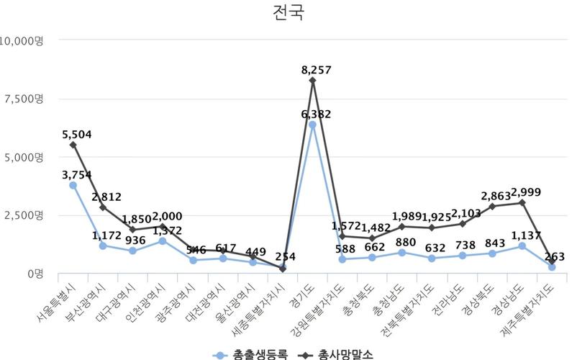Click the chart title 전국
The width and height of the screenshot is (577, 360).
coord(288,14)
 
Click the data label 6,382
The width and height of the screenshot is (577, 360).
coord(313,114)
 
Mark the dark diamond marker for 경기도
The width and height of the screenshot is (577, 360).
coord(312,80)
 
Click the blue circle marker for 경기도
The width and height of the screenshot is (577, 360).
coord(312,125)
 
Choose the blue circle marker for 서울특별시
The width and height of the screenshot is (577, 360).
coord(73,185)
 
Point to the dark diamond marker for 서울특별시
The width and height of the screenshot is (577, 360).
coord(73,145)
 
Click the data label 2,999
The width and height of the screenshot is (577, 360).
coord(521,192)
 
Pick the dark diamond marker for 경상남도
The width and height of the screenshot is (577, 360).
coord(522,203)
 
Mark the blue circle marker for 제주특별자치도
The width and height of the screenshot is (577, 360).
coord(552,267)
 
